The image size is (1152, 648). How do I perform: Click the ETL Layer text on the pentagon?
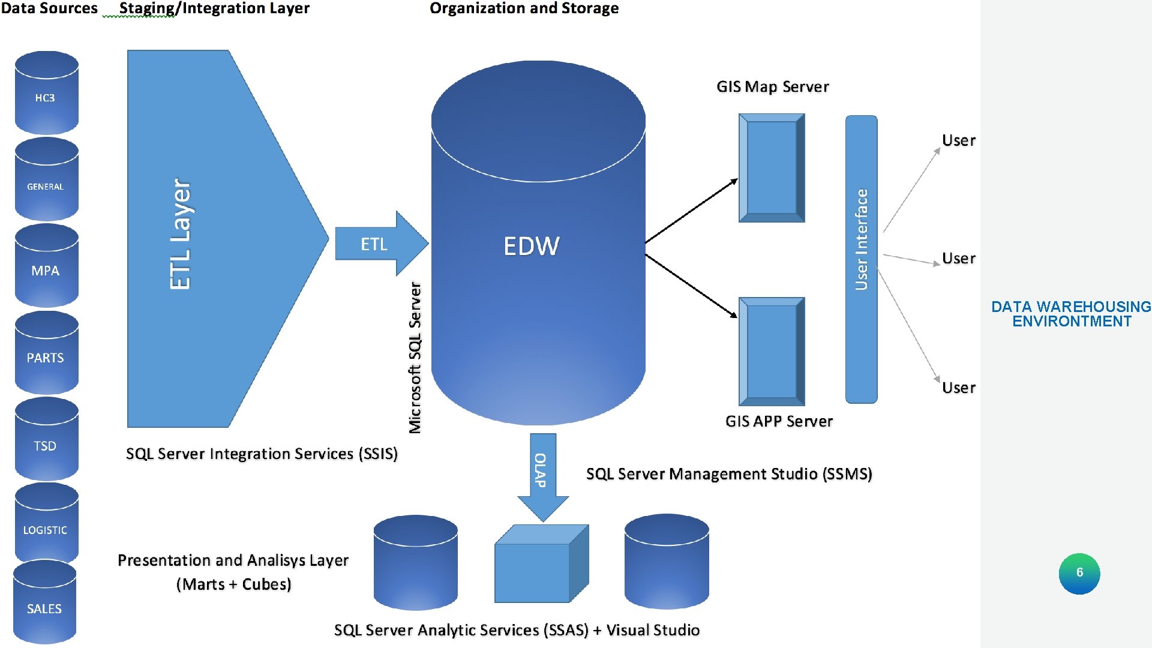click(x=181, y=234)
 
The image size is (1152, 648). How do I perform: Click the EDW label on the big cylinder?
click(x=532, y=246)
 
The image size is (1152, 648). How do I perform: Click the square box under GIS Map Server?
click(x=772, y=168)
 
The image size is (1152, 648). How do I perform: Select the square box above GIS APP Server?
click(x=772, y=352)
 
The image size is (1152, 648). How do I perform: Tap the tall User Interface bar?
click(x=861, y=258)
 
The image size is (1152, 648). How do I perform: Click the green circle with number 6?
click(x=1079, y=573)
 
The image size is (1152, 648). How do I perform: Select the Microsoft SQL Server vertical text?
click(x=415, y=358)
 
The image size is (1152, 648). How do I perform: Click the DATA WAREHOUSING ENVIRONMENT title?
click(x=1072, y=314)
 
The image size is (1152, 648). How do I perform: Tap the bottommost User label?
click(x=958, y=388)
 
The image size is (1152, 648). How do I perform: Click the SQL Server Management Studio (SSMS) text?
click(x=728, y=474)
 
